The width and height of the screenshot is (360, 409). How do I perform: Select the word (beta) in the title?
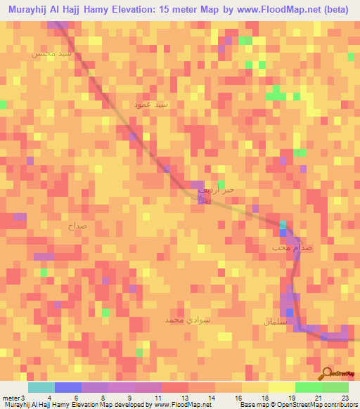(330, 9)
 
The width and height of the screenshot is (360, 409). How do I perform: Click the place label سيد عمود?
(152, 104)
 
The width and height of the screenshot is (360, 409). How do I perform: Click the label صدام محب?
(290, 248)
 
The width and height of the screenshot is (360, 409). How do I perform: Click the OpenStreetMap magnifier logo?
(326, 374)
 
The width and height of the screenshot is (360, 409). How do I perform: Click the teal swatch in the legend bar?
(41, 388)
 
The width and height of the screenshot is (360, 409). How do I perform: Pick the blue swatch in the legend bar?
(68, 388)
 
